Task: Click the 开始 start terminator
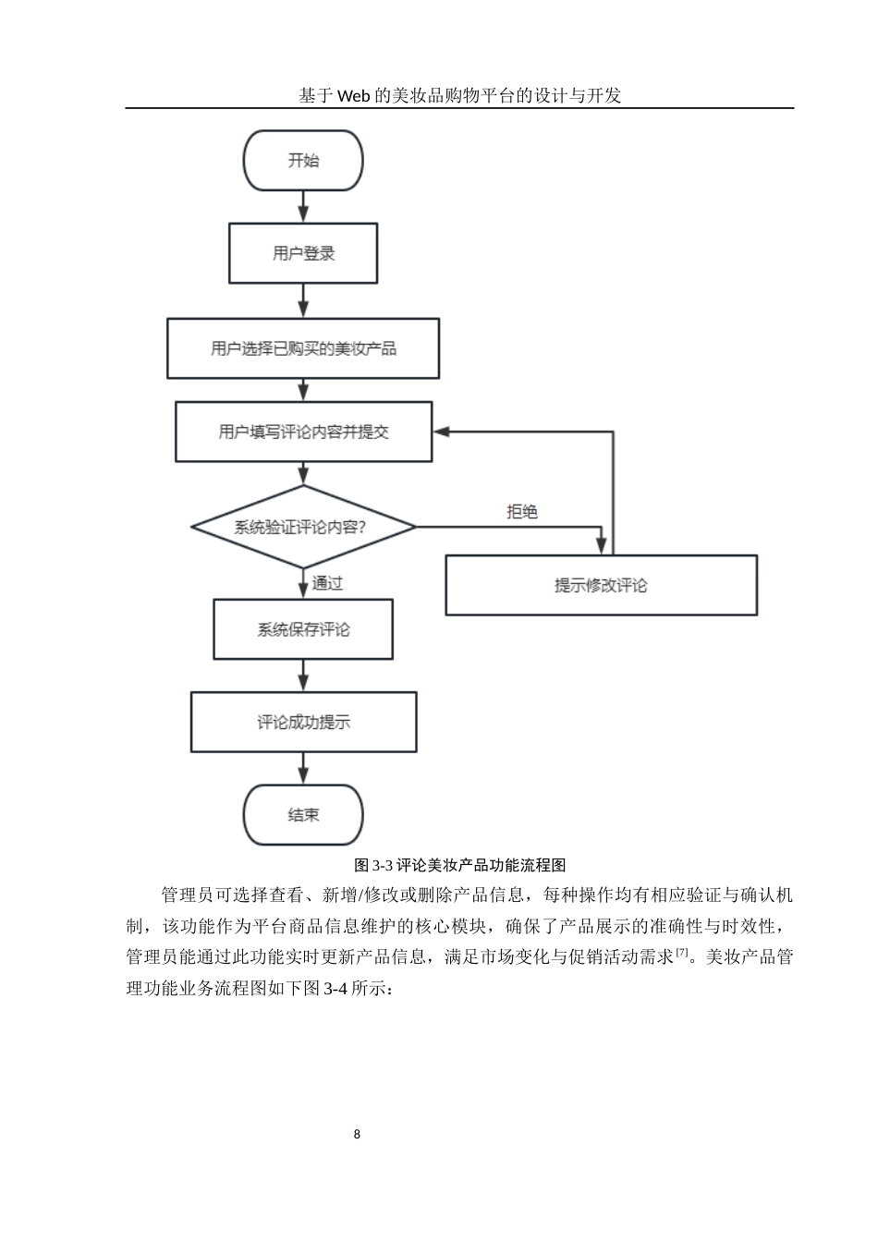[303, 161]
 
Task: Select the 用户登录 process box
[303, 253]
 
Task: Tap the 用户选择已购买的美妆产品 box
[303, 348]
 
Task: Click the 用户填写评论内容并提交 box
[303, 432]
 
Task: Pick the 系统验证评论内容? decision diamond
[303, 527]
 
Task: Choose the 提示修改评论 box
[601, 585]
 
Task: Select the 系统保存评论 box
[303, 629]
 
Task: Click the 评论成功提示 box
[303, 722]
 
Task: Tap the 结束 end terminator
[303, 815]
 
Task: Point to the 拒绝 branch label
[522, 511]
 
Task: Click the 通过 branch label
[327, 583]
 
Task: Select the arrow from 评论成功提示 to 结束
[303, 768]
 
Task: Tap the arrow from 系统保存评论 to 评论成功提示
[303, 676]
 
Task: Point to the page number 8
[357, 1134]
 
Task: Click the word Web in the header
[354, 96]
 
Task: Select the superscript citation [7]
[681, 952]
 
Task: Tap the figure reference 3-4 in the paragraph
[333, 988]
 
